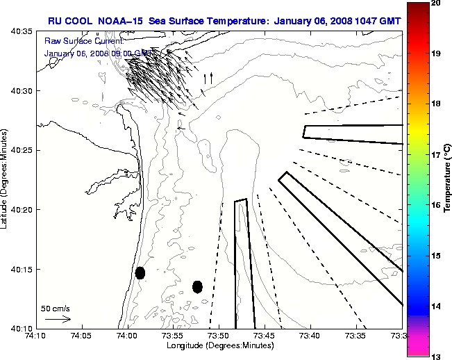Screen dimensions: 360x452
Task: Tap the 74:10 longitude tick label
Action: pos(36,336)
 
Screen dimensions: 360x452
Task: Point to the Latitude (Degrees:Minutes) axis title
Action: pos(6,180)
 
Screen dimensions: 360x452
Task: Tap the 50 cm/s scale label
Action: pos(55,308)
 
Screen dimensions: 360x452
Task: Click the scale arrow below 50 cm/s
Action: pos(58,319)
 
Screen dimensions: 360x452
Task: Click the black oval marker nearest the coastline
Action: pos(140,272)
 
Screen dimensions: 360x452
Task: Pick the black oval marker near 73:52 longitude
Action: pos(197,286)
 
